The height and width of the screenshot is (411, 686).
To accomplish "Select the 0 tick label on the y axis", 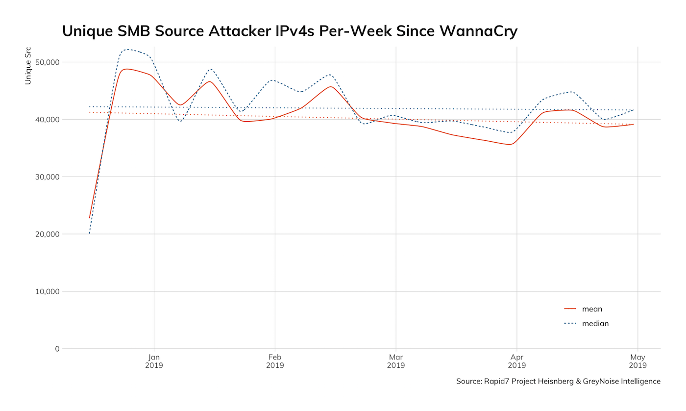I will pos(57,349).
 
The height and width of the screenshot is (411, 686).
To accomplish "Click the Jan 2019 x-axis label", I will pos(154,361).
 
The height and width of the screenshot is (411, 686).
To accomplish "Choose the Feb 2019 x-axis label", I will pos(275,361).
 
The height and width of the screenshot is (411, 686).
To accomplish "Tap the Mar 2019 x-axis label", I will pos(395,361).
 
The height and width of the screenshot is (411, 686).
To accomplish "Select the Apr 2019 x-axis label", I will pos(516,361).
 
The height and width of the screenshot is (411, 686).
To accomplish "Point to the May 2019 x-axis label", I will pos(637,361).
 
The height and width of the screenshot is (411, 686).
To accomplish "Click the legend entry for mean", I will pos(592,309).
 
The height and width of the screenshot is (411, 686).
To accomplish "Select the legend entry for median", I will pos(595,324).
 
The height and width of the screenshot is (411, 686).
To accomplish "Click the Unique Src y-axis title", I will pos(28,66).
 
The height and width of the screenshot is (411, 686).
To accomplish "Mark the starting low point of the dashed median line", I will pos(90,233).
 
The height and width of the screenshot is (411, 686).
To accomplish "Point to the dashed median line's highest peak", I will pos(127,50).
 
